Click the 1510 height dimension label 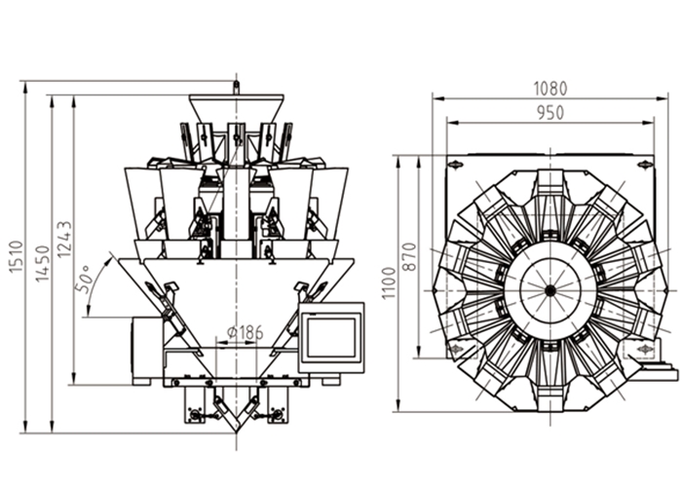[x=16, y=256]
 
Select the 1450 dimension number [x=41, y=263]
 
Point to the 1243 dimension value [x=64, y=238]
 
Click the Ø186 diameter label [x=245, y=332]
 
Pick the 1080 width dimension [x=549, y=88]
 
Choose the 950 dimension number [x=549, y=112]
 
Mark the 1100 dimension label [x=389, y=282]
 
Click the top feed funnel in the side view [x=236, y=108]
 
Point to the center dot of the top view [x=549, y=289]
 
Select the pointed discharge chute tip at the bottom [x=235, y=429]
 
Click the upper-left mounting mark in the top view [x=455, y=166]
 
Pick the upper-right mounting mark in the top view [x=643, y=166]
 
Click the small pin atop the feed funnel [x=235, y=88]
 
